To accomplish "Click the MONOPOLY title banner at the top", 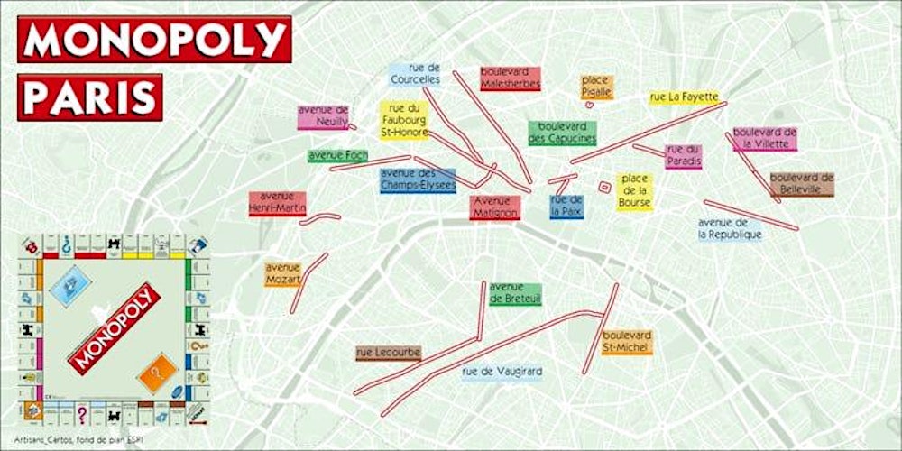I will (x=154, y=39).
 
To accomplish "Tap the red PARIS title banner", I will (x=90, y=97).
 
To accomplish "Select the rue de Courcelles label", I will (x=416, y=73).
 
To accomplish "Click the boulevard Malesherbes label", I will (x=510, y=78).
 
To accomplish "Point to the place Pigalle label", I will (x=595, y=87).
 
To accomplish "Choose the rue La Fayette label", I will (x=684, y=97).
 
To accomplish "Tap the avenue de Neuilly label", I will (x=323, y=116).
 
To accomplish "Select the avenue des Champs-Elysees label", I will (x=417, y=179).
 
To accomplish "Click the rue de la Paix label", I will (x=566, y=206).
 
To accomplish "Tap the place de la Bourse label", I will (x=634, y=191).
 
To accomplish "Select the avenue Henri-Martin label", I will (x=278, y=203).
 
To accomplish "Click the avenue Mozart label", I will (x=282, y=274).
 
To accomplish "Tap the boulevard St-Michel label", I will (x=627, y=341).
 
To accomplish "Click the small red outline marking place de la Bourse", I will (x=604, y=187).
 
